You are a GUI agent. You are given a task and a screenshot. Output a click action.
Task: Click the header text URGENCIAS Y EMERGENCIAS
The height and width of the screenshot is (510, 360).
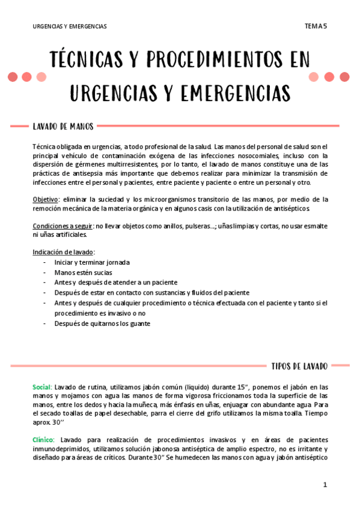(x=70, y=26)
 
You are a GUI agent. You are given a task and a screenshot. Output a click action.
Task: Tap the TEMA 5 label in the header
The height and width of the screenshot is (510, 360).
(x=316, y=26)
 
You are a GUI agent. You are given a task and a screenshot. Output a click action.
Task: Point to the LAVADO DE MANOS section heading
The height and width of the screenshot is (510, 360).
(x=63, y=126)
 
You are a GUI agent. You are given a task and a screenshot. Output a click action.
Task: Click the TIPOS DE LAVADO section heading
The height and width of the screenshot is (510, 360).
(x=299, y=366)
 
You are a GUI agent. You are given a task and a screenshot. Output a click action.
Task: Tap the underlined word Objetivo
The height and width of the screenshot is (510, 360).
(x=46, y=199)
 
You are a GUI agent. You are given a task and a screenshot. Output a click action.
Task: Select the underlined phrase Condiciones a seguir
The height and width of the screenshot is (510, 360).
(x=63, y=226)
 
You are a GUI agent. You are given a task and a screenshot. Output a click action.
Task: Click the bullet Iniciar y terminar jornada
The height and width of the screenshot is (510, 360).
(x=92, y=262)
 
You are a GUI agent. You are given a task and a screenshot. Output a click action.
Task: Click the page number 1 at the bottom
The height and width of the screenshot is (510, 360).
(x=325, y=485)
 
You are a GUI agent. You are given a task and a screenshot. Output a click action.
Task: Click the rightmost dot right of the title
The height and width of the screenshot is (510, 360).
(x=344, y=77)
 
